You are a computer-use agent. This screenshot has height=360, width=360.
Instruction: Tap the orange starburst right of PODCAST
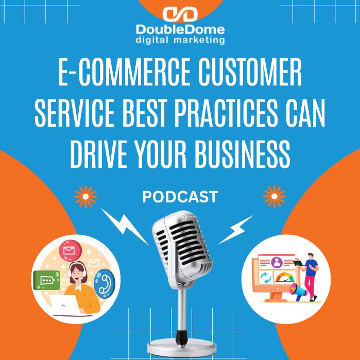click(x=273, y=196)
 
